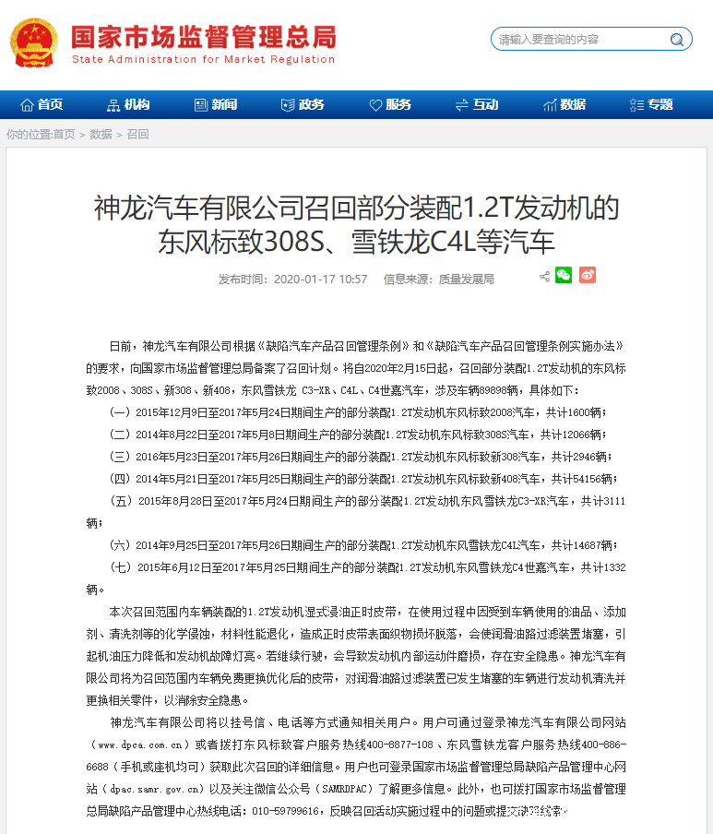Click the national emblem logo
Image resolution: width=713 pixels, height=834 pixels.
pos(33,42)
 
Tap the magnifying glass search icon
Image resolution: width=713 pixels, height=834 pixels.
pos(677,40)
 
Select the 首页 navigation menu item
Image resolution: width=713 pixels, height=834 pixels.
pos(42,104)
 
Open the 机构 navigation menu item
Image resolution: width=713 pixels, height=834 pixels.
pos(128,104)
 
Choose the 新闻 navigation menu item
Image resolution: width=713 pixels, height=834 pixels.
pos(216,104)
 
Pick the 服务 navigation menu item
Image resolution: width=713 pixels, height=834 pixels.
pos(390,104)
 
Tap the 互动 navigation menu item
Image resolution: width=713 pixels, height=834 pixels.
pos(477,104)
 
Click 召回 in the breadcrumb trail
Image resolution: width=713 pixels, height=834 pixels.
pos(137,135)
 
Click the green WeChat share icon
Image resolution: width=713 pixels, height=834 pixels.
pos(564,275)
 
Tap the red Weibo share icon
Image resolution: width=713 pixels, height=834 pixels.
pos(588,275)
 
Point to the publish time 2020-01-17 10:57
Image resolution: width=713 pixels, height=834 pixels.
pos(320,279)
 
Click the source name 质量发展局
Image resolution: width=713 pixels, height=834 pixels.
pos(466,279)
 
